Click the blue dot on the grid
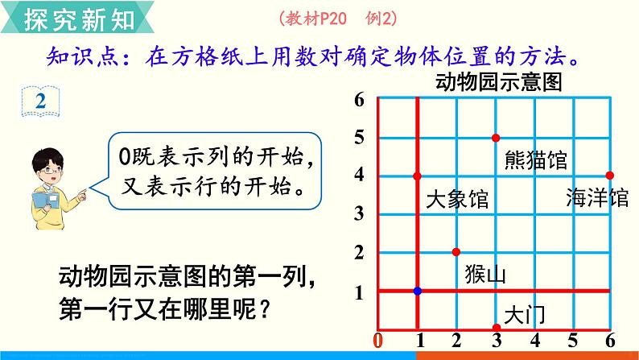pos(418,291)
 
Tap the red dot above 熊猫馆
pos(496,138)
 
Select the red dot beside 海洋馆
pos(610,176)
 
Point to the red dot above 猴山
pos(456,252)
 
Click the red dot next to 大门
pos(497,328)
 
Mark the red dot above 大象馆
pos(417,176)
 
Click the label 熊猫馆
pos(535,159)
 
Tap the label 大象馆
pos(457,200)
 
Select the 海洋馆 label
pos(597,198)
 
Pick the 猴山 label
pos(485,274)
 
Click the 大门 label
pos(524,315)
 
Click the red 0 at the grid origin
pos(378,341)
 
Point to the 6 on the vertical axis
pos(359,100)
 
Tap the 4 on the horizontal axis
pos(535,341)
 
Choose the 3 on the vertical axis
pos(359,213)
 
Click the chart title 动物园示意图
pos(499,82)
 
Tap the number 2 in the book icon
pos(40,101)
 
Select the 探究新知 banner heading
pos(79,19)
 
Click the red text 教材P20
pos(315,19)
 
